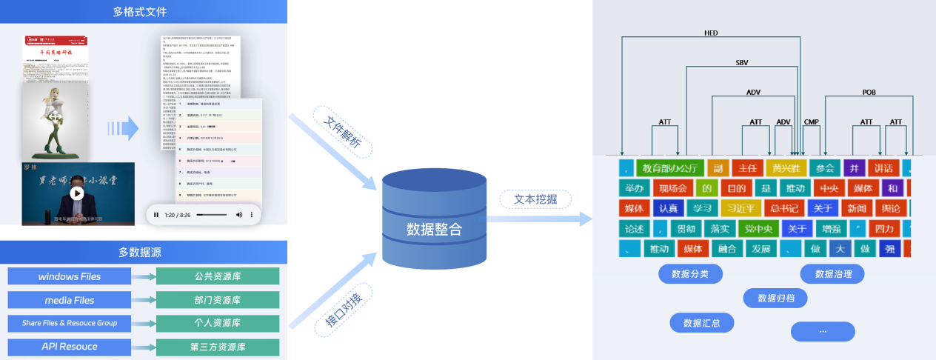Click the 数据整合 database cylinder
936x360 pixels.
pos(434,222)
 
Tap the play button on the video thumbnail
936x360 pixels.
pos(76,193)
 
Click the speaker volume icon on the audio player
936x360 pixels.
pos(239,215)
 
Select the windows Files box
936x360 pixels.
pos(70,276)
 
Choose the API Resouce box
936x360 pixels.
pos(70,347)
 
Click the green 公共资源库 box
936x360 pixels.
pos(217,276)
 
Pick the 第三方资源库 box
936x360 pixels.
pos(217,347)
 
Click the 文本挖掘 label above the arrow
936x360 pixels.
pos(535,199)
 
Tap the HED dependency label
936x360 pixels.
pos(711,33)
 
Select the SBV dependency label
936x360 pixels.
pos(742,63)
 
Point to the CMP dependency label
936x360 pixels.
pos(811,121)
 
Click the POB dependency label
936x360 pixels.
pos(869,93)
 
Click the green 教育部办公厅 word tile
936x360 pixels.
pos(669,168)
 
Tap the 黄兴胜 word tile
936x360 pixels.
pos(786,168)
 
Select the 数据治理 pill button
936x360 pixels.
pos(832,274)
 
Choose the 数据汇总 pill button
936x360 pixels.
pos(701,323)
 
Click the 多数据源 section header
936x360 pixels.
pos(140,253)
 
